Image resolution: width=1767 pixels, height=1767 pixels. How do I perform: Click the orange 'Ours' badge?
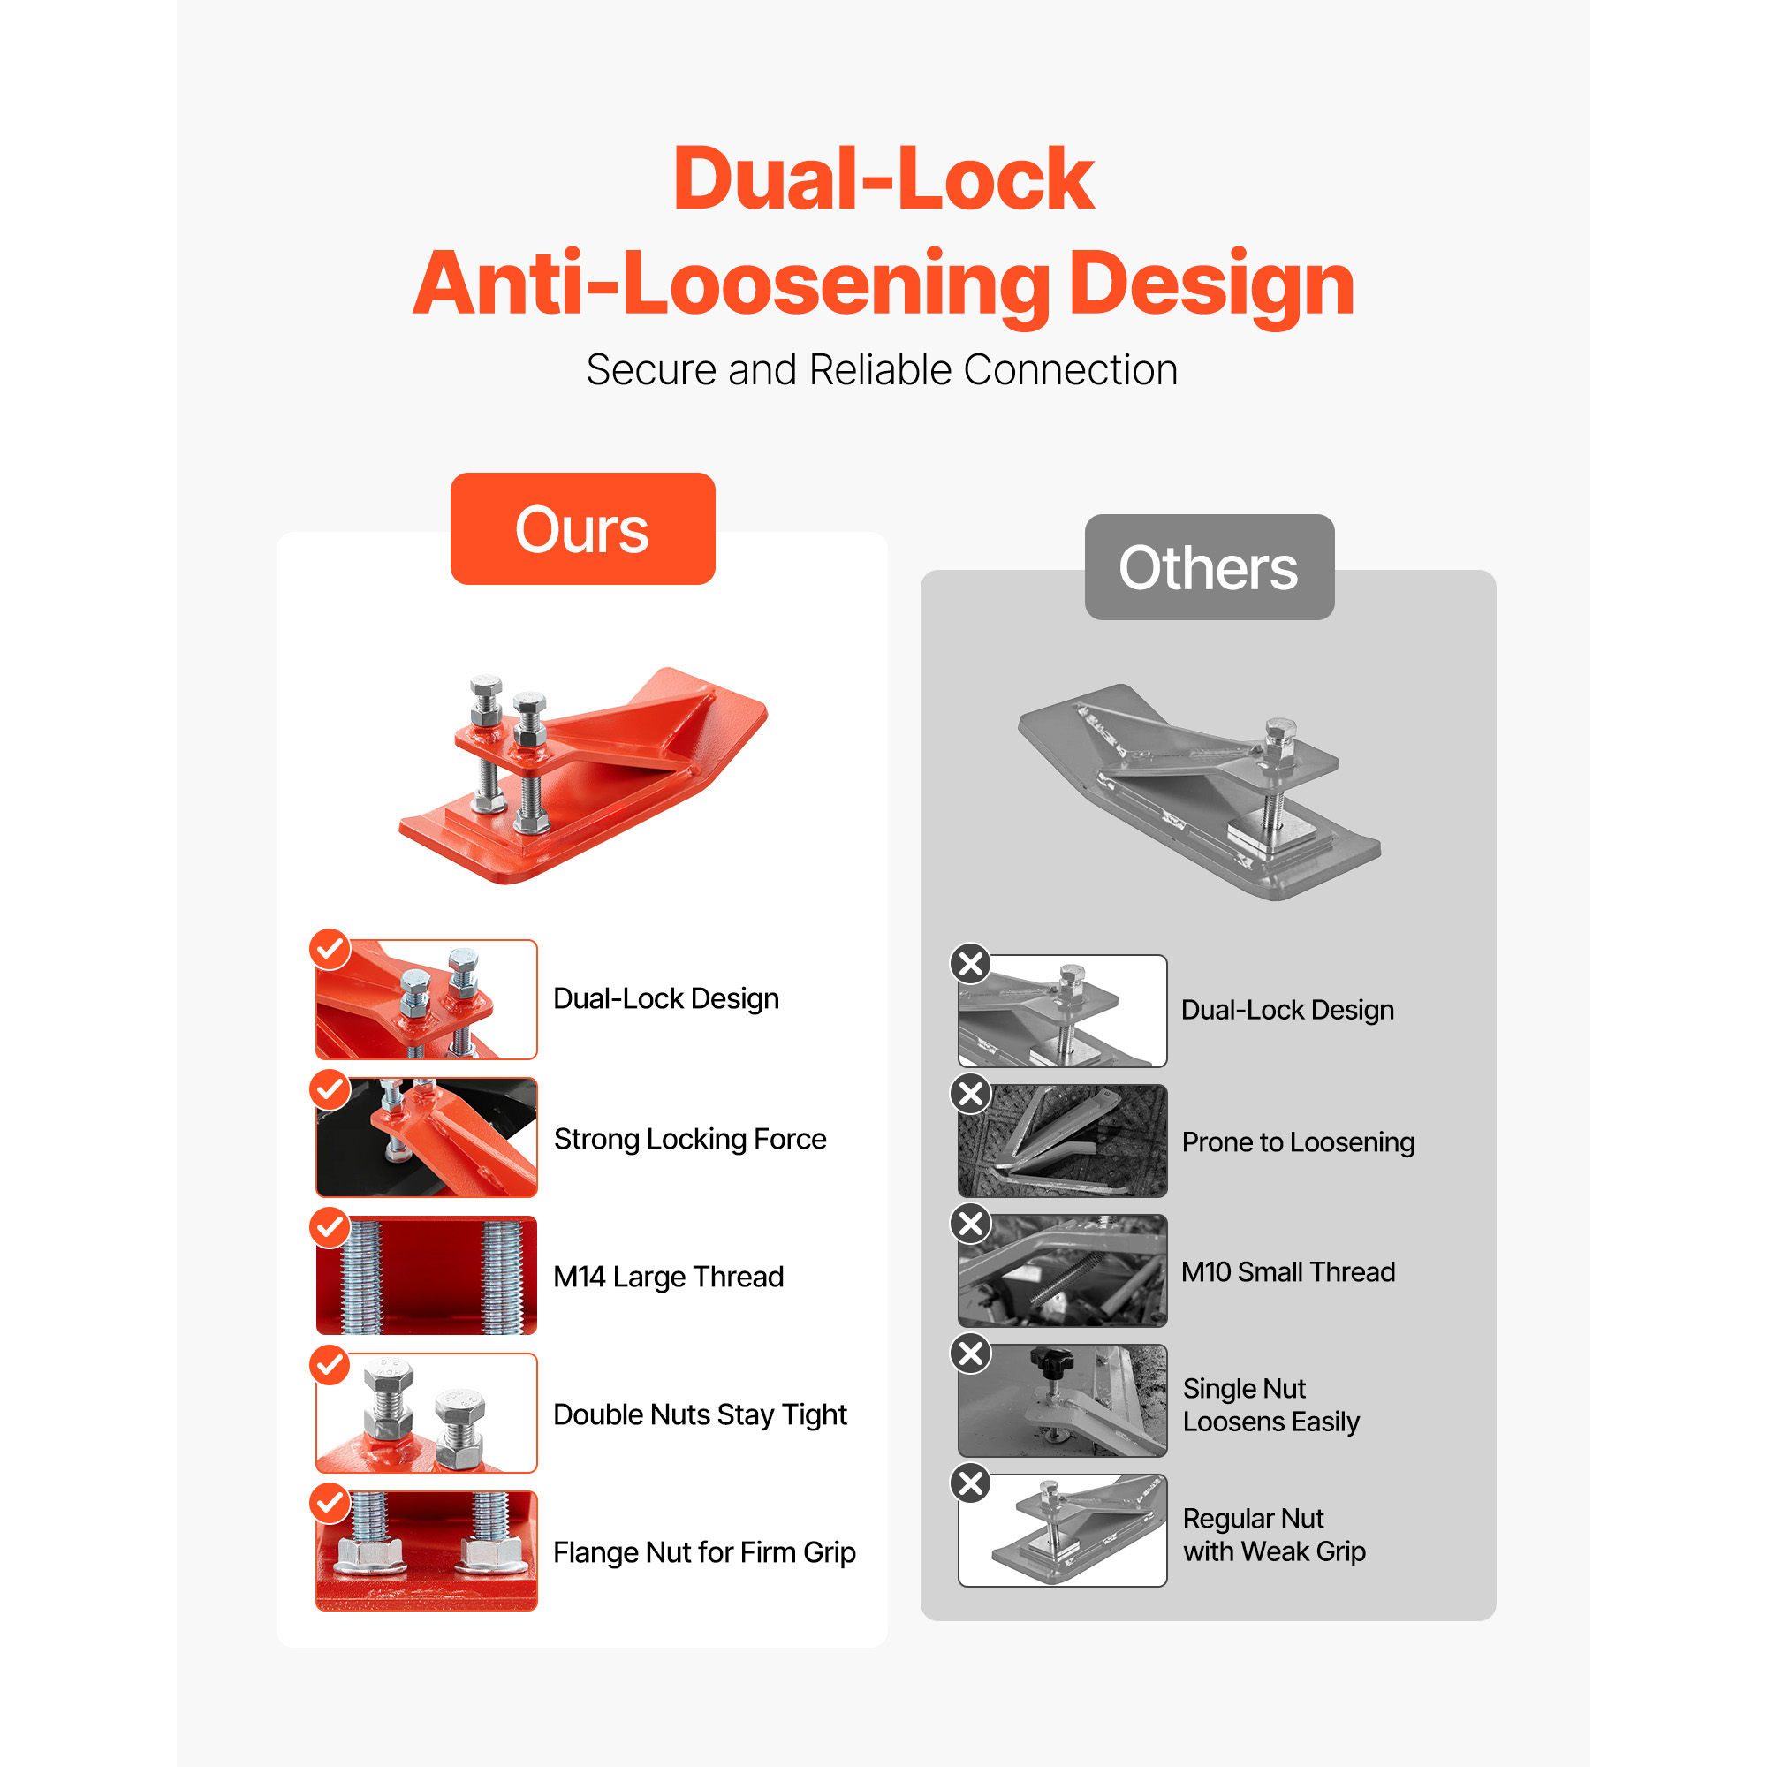(582, 528)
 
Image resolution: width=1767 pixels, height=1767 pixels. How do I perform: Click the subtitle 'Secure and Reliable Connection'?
(882, 370)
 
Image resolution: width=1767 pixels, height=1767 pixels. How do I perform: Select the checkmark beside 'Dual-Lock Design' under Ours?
(330, 950)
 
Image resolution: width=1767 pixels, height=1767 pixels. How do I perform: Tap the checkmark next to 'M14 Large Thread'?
(330, 1227)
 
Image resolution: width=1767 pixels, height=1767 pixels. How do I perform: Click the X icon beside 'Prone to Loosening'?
(971, 1094)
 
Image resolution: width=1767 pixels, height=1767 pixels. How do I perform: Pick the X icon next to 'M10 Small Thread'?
(971, 1224)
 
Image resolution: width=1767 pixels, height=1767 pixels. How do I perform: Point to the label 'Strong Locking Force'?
(690, 1139)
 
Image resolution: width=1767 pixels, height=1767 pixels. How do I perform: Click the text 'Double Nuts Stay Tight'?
(700, 1414)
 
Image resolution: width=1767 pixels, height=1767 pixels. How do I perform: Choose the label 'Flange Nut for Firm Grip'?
(704, 1552)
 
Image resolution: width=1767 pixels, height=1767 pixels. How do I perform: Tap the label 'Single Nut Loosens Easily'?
(1270, 1405)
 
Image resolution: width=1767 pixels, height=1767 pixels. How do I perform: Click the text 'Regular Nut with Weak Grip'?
(1273, 1535)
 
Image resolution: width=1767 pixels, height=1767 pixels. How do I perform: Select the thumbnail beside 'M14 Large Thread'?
(427, 1275)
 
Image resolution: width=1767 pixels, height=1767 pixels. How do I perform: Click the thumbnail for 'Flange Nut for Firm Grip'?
(427, 1551)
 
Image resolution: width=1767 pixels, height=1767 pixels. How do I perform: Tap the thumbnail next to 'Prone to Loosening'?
(1063, 1141)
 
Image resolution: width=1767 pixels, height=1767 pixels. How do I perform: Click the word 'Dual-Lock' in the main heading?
(883, 178)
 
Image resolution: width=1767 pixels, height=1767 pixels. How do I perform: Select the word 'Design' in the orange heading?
(1211, 284)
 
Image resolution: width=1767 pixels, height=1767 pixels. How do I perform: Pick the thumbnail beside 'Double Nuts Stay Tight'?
(427, 1413)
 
